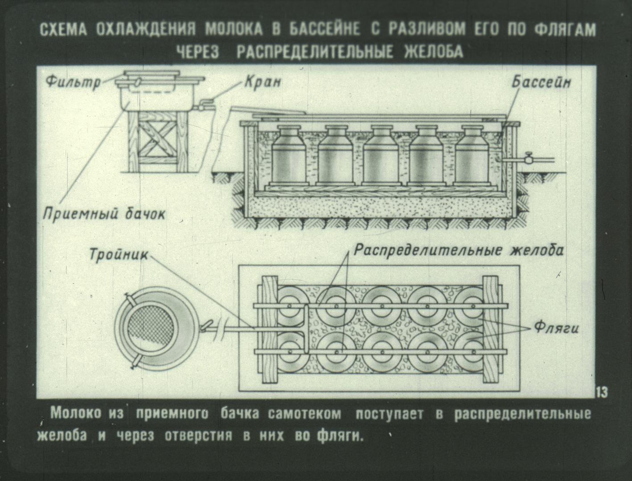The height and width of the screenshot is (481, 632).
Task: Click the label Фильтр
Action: (x=74, y=82)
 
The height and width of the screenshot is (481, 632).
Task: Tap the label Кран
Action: (x=263, y=82)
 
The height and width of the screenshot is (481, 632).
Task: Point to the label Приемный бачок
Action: (x=104, y=214)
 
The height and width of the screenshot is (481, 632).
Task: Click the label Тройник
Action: (x=119, y=255)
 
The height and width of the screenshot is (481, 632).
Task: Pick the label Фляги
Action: (x=556, y=328)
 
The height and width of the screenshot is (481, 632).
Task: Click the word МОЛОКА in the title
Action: (x=234, y=30)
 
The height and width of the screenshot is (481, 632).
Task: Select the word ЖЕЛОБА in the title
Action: (x=434, y=52)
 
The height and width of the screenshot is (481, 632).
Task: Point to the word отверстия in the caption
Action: (x=198, y=436)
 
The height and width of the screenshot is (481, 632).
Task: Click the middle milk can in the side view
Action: (x=381, y=157)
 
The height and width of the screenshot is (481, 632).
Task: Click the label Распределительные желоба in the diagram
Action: (x=458, y=250)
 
